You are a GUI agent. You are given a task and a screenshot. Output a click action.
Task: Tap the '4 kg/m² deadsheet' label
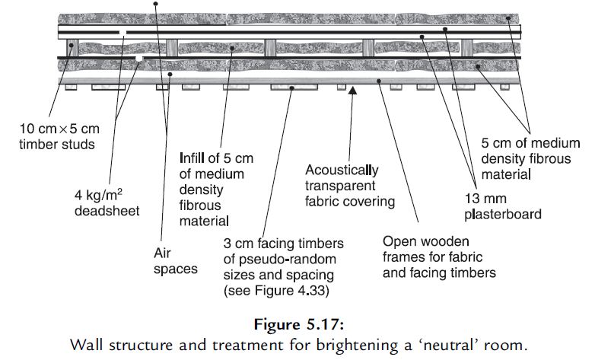coord(106,202)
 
